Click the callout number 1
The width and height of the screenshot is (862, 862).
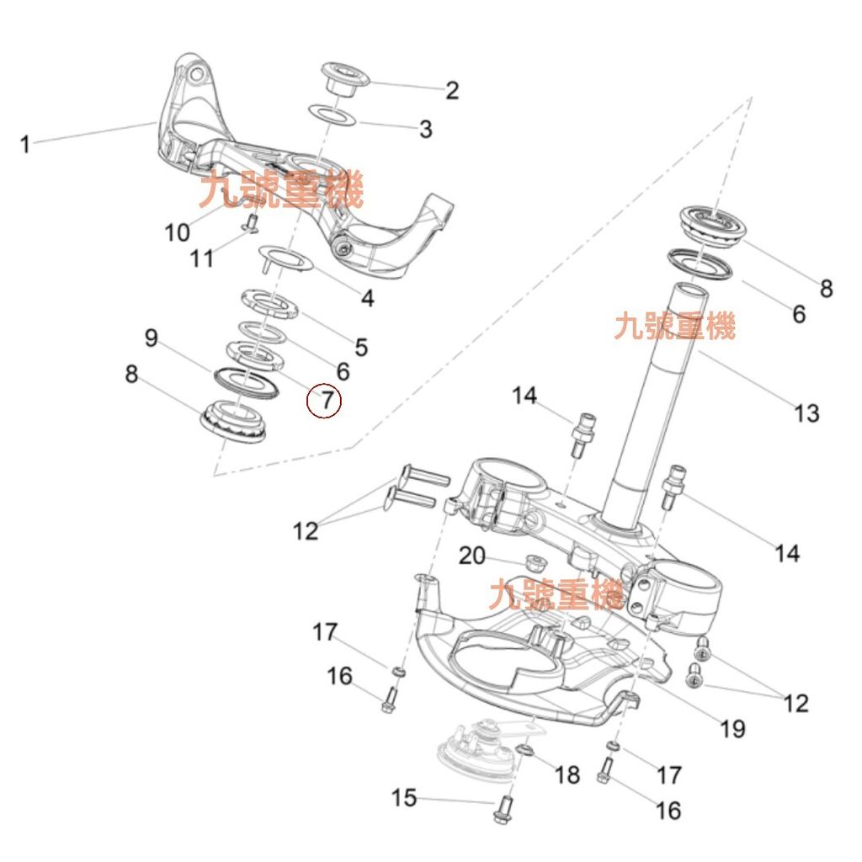pyautogui.click(x=25, y=144)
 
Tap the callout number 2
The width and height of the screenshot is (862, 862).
pyautogui.click(x=452, y=90)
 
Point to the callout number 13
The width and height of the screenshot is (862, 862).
pyautogui.click(x=806, y=413)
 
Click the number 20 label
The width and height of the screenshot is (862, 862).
pyautogui.click(x=472, y=556)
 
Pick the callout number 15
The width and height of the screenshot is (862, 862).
pyautogui.click(x=404, y=797)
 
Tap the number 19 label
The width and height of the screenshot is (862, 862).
pyautogui.click(x=733, y=728)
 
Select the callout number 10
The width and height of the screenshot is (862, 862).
pyautogui.click(x=177, y=231)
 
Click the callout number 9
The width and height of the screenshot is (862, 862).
pyautogui.click(x=152, y=338)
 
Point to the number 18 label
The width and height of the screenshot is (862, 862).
pyautogui.click(x=568, y=774)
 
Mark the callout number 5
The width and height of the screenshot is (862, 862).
pyautogui.click(x=361, y=346)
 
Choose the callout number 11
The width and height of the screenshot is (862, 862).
pyautogui.click(x=202, y=258)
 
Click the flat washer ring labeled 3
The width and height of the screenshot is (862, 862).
pyautogui.click(x=333, y=114)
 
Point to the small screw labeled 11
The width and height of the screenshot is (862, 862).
pyautogui.click(x=249, y=223)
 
